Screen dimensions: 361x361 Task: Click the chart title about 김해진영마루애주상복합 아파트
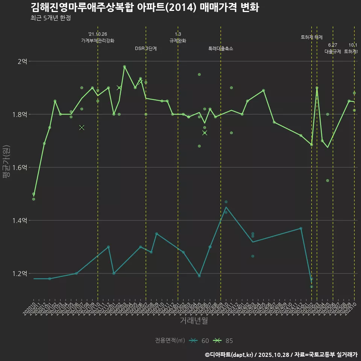click(x=144, y=8)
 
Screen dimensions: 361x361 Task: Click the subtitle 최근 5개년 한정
click(x=50, y=18)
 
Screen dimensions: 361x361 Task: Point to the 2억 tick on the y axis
click(x=22, y=61)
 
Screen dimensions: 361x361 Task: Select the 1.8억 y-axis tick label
click(x=20, y=114)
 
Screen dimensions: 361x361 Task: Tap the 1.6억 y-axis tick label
click(x=20, y=167)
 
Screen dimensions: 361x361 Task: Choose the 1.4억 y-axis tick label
click(x=20, y=220)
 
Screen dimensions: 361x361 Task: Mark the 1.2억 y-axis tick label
click(x=20, y=273)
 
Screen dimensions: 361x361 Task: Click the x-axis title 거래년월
click(x=194, y=320)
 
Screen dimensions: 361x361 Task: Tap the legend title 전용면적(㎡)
click(x=170, y=341)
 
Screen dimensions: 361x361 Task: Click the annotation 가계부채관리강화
click(x=98, y=41)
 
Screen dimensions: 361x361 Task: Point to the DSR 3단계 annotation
click(x=146, y=49)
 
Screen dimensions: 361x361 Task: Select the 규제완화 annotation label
click(x=178, y=41)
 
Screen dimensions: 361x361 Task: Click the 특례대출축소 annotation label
click(x=221, y=49)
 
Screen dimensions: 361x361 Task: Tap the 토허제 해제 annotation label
click(x=311, y=37)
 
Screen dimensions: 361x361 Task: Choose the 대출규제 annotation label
click(x=333, y=52)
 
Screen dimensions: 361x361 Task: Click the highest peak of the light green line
click(x=124, y=67)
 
